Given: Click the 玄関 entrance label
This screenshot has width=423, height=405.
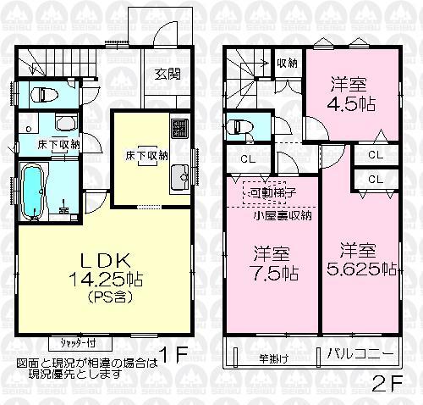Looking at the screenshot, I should (165, 74).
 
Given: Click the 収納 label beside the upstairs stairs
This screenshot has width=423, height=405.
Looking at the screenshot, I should (287, 63).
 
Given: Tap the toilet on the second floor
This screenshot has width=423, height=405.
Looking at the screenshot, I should (243, 126).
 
